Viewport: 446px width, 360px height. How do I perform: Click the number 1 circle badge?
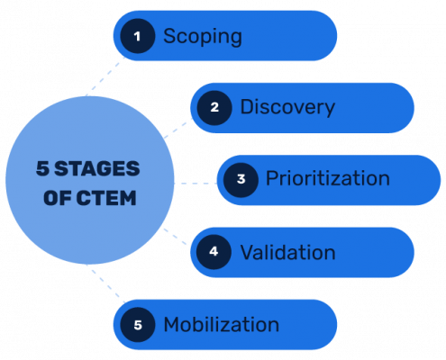tap(138, 36)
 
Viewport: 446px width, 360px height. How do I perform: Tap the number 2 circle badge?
tap(214, 108)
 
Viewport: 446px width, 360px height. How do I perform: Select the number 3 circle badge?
tap(241, 179)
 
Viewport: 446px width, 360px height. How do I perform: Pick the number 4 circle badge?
tap(214, 252)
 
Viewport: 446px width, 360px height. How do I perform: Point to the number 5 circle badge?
tap(138, 324)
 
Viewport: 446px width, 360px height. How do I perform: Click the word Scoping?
tap(203, 36)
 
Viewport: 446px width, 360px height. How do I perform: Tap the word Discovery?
tap(287, 108)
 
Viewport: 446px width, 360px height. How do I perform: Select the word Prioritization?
tap(327, 179)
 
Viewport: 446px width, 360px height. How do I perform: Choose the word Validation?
tap(287, 252)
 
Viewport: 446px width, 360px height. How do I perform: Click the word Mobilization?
tap(221, 324)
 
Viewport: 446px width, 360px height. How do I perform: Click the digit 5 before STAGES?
tap(41, 169)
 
